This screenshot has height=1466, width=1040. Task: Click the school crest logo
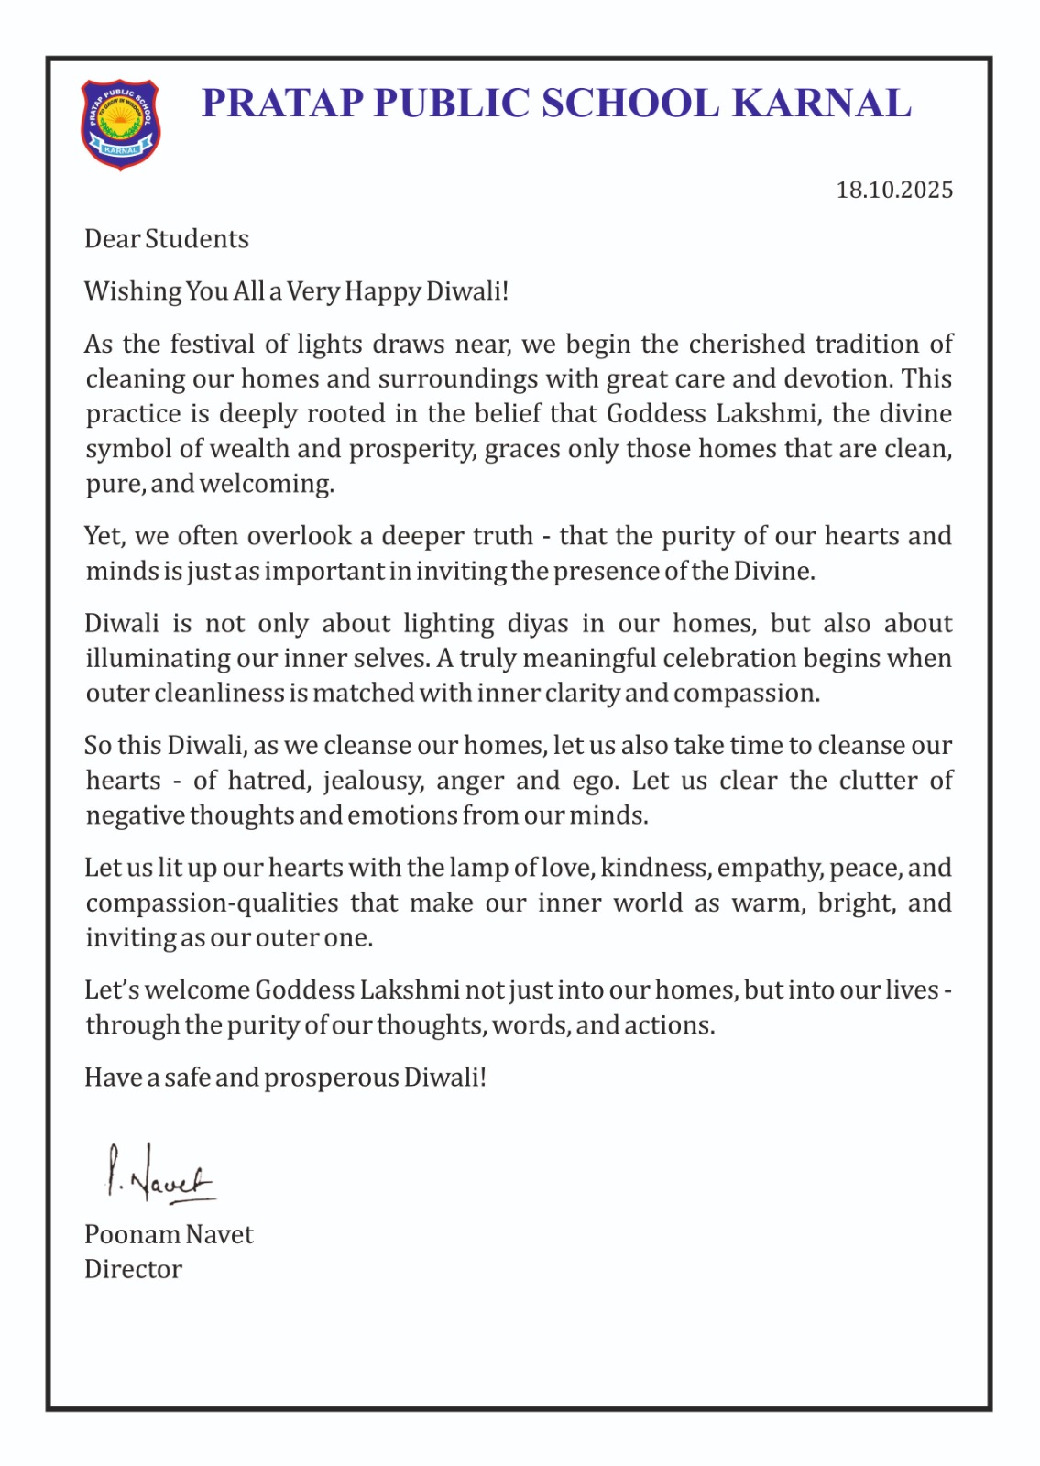(x=120, y=124)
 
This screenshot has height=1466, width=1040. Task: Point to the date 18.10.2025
(x=894, y=190)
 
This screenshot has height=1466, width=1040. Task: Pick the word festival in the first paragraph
(x=213, y=344)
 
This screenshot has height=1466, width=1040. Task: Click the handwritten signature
(x=159, y=1174)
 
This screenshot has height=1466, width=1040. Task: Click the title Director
(x=133, y=1270)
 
